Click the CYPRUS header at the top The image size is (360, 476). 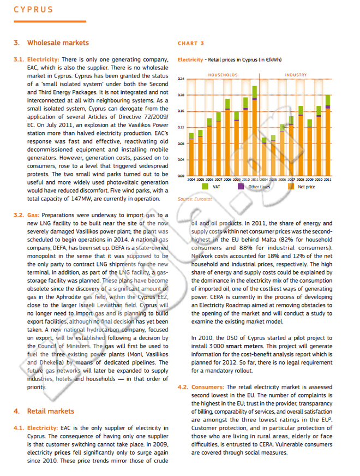33,9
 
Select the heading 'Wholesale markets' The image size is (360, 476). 58,43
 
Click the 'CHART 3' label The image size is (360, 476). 191,43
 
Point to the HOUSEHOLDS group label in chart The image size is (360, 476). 223,75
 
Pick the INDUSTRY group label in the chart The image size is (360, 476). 296,75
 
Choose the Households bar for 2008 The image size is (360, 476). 227,139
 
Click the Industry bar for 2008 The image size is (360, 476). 301,143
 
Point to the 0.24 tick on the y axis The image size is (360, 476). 181,79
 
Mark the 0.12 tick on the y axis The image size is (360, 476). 181,127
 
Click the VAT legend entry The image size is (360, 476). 209,187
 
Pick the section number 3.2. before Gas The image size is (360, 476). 19,216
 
